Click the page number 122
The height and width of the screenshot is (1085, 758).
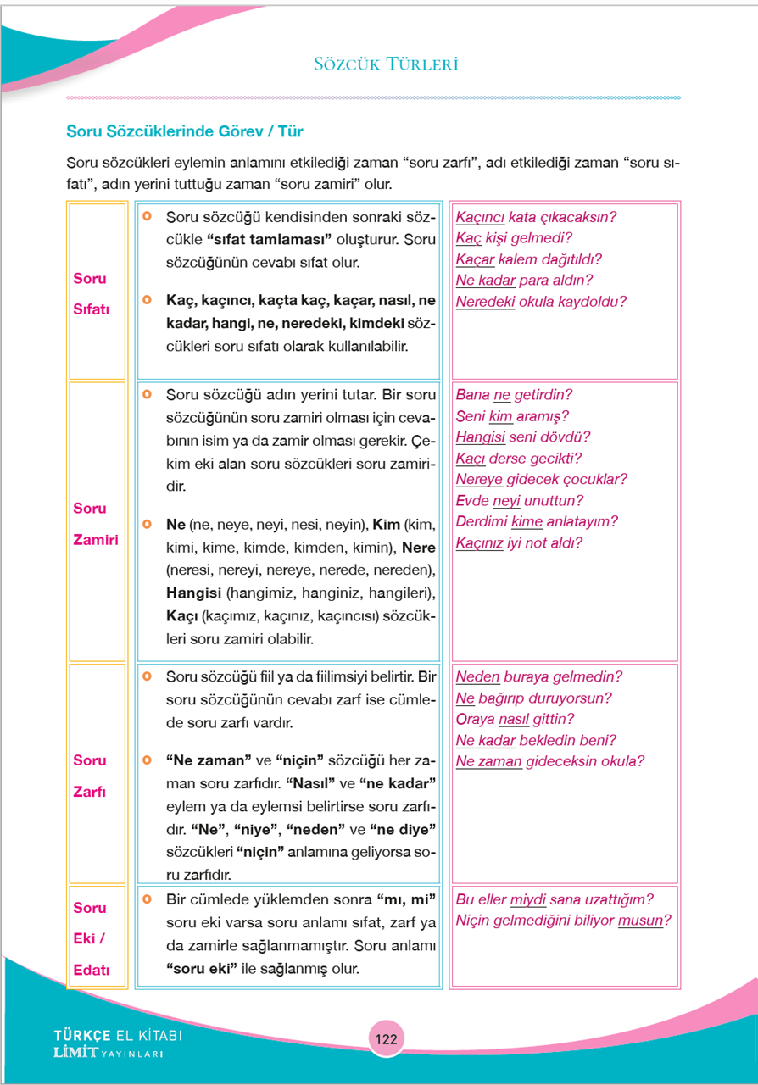pos(386,1039)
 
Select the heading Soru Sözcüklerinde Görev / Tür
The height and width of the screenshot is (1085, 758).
pos(185,132)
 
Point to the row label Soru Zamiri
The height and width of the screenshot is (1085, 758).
pos(95,523)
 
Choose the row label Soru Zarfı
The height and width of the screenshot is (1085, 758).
pos(90,775)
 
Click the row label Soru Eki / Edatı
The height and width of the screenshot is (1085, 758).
pos(92,938)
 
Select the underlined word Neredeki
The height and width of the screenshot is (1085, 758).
pos(485,302)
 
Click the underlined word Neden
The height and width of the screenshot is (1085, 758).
pos(477,677)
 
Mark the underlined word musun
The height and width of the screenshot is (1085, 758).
pos(640,921)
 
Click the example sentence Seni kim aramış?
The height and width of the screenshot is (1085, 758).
pos(512,416)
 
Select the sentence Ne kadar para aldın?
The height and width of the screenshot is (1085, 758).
pos(524,281)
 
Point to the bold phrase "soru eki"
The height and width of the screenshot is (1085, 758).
pos(202,968)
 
